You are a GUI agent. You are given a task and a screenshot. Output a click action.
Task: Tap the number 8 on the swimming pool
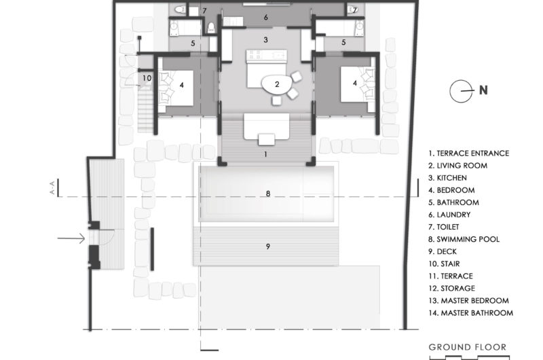pyautogui.click(x=267, y=194)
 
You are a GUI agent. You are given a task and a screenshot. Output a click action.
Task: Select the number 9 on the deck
pyautogui.click(x=267, y=247)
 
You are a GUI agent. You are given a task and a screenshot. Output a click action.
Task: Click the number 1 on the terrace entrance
pyautogui.click(x=265, y=154)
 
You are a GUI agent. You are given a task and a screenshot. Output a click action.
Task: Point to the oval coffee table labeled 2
pyautogui.click(x=276, y=84)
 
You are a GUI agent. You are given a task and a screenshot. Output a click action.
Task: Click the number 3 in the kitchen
pyautogui.click(x=265, y=40)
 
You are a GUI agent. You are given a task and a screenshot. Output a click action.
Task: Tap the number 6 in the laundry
pyautogui.click(x=265, y=18)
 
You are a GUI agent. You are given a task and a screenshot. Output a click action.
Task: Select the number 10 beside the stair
pyautogui.click(x=147, y=78)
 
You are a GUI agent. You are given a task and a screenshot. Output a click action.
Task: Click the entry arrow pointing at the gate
pyautogui.click(x=71, y=238)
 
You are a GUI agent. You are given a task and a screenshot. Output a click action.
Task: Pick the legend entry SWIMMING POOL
pyautogui.click(x=464, y=239)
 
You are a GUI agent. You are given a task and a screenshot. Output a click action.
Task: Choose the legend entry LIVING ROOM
pyautogui.click(x=457, y=166)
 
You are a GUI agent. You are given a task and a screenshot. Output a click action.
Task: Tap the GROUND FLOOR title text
pyautogui.click(x=468, y=347)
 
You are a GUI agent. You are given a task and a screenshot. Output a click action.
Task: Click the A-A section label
pyautogui.click(x=53, y=187)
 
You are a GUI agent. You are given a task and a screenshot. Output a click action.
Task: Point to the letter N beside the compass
pyautogui.click(x=483, y=90)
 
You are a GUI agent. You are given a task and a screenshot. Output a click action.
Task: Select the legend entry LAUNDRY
pyautogui.click(x=449, y=215)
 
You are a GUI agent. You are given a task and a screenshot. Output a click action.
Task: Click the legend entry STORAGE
pyautogui.click(x=451, y=288)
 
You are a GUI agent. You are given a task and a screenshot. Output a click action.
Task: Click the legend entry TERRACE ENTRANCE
pyautogui.click(x=468, y=153)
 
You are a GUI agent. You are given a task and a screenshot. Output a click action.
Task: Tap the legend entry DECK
pyautogui.click(x=443, y=251)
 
